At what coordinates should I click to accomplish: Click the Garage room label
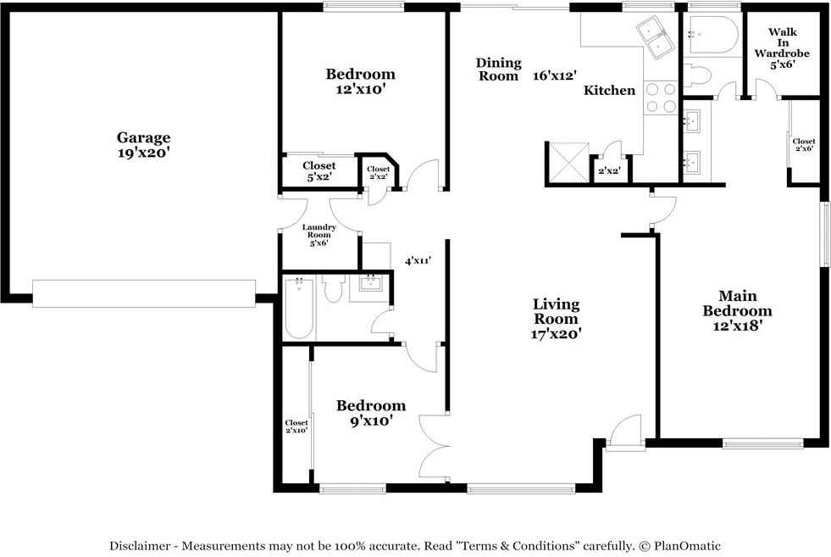click(144, 137)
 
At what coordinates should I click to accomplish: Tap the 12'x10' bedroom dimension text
click(360, 89)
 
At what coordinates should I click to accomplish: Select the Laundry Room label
click(319, 231)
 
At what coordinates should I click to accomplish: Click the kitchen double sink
click(655, 36)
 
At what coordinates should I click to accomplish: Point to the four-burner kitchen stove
click(661, 98)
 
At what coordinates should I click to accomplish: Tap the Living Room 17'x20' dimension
click(556, 334)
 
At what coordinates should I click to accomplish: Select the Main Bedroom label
click(737, 304)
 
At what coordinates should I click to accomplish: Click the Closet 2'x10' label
click(296, 426)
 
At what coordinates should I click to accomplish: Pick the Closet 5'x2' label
click(319, 171)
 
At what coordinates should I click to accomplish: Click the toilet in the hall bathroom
click(334, 288)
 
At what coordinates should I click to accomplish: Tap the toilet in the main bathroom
click(695, 75)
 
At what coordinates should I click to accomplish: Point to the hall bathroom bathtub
click(299, 307)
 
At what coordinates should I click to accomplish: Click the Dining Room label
click(498, 70)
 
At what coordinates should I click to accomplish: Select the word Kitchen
click(609, 90)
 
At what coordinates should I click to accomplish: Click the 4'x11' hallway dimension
click(418, 260)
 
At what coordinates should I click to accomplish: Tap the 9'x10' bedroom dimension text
click(371, 421)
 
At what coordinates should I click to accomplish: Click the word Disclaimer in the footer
click(140, 545)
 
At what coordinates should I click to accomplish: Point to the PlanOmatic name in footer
click(687, 545)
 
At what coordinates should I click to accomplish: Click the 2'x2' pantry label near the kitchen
click(609, 170)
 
